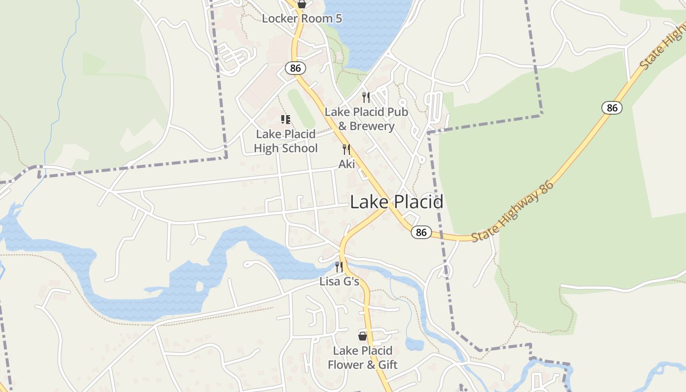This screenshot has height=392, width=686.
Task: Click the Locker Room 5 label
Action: (302, 19)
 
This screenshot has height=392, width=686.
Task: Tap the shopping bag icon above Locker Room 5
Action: (302, 4)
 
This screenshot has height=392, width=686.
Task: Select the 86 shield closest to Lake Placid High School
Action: (295, 68)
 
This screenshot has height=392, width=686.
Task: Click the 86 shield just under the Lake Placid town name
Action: (421, 232)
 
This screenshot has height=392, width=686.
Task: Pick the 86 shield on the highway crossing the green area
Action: (612, 107)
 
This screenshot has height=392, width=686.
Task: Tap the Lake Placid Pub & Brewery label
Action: (367, 119)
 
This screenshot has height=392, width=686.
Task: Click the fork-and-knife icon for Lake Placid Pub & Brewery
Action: (366, 97)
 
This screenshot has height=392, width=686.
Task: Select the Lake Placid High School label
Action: (286, 141)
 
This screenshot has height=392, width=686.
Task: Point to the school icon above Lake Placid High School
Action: (286, 119)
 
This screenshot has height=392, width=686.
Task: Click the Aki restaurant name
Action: (346, 164)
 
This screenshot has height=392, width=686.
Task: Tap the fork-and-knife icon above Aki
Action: (346, 149)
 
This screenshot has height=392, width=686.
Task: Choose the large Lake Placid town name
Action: (397, 202)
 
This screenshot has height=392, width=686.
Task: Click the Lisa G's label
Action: (339, 282)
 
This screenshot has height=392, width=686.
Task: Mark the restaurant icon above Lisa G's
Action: (339, 267)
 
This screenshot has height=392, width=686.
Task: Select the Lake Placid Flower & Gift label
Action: (363, 358)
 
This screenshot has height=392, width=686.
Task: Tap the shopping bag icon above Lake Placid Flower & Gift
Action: (363, 336)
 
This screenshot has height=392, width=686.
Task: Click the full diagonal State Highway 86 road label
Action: (513, 212)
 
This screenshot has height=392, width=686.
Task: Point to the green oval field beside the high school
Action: (301, 108)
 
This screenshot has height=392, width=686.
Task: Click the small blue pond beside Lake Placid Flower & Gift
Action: (415, 344)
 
